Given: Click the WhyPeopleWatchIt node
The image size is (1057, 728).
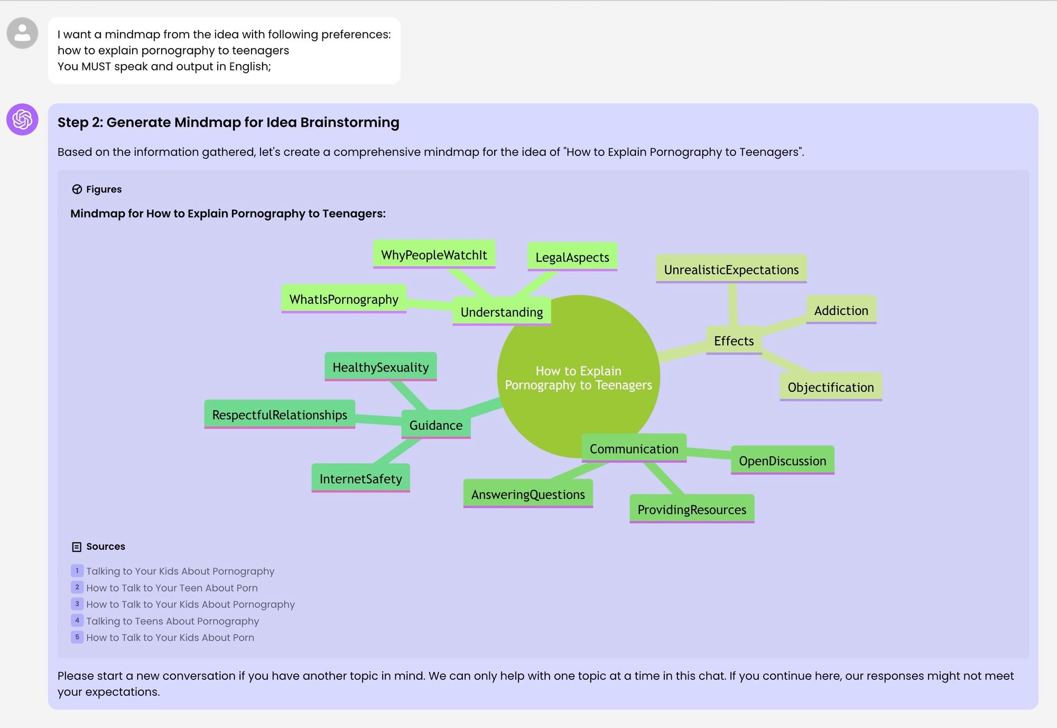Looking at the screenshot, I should [434, 255].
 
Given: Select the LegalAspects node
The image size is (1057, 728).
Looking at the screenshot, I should [572, 257].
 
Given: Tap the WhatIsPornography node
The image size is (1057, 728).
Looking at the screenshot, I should [344, 299].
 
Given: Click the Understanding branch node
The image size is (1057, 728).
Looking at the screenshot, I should [502, 312].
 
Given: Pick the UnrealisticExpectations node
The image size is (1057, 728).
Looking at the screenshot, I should [731, 270].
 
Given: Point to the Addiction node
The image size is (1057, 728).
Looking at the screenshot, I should [841, 310].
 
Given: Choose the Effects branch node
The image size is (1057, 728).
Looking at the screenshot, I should [734, 341].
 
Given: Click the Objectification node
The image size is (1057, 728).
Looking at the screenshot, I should [830, 388].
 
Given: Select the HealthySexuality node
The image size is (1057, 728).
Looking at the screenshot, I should [381, 367].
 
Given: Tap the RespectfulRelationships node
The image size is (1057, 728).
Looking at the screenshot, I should [280, 415].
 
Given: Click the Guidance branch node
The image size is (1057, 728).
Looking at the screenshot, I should [435, 426].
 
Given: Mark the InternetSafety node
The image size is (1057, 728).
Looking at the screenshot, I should [360, 479].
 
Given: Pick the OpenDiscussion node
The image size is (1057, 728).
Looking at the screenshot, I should [782, 461].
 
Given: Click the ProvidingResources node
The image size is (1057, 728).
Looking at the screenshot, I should [691, 510].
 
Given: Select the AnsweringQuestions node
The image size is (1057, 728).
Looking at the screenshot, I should [528, 494].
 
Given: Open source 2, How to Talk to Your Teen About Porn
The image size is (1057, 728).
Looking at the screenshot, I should [172, 588].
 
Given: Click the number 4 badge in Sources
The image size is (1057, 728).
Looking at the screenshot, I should [77, 621].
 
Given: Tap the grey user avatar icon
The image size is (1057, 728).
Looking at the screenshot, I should [22, 33].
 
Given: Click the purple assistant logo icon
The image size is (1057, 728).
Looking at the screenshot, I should [22, 119].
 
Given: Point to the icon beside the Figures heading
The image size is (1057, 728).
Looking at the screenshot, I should [77, 189].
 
